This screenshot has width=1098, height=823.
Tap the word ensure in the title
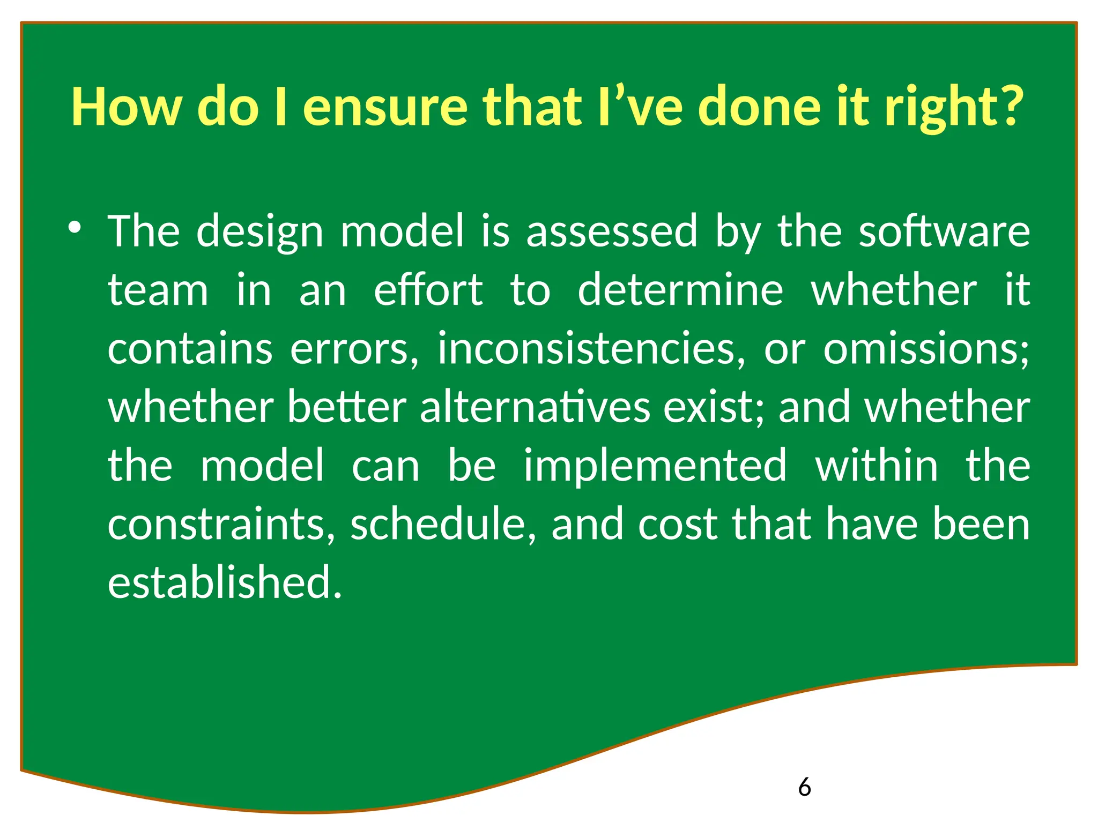[x=385, y=107]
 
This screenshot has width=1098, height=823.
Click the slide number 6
[x=804, y=787]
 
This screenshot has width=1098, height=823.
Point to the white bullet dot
[x=75, y=228]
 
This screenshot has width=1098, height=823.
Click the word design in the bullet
[x=259, y=232]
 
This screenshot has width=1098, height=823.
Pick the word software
[x=944, y=231]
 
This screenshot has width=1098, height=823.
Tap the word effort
[x=428, y=290]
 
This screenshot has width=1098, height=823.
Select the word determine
[x=680, y=290]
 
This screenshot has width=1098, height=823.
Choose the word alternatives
[x=535, y=407]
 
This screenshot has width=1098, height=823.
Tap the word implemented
[x=655, y=466]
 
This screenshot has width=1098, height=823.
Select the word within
[x=877, y=466]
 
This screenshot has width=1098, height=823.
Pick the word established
[x=224, y=582]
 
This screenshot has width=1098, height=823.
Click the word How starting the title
[x=127, y=107]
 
